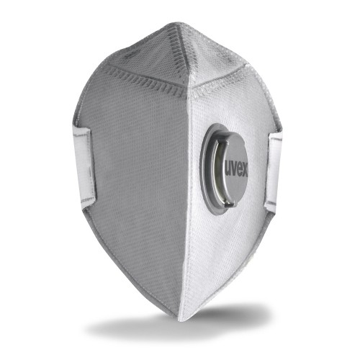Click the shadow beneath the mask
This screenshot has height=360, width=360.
coord(180,328)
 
